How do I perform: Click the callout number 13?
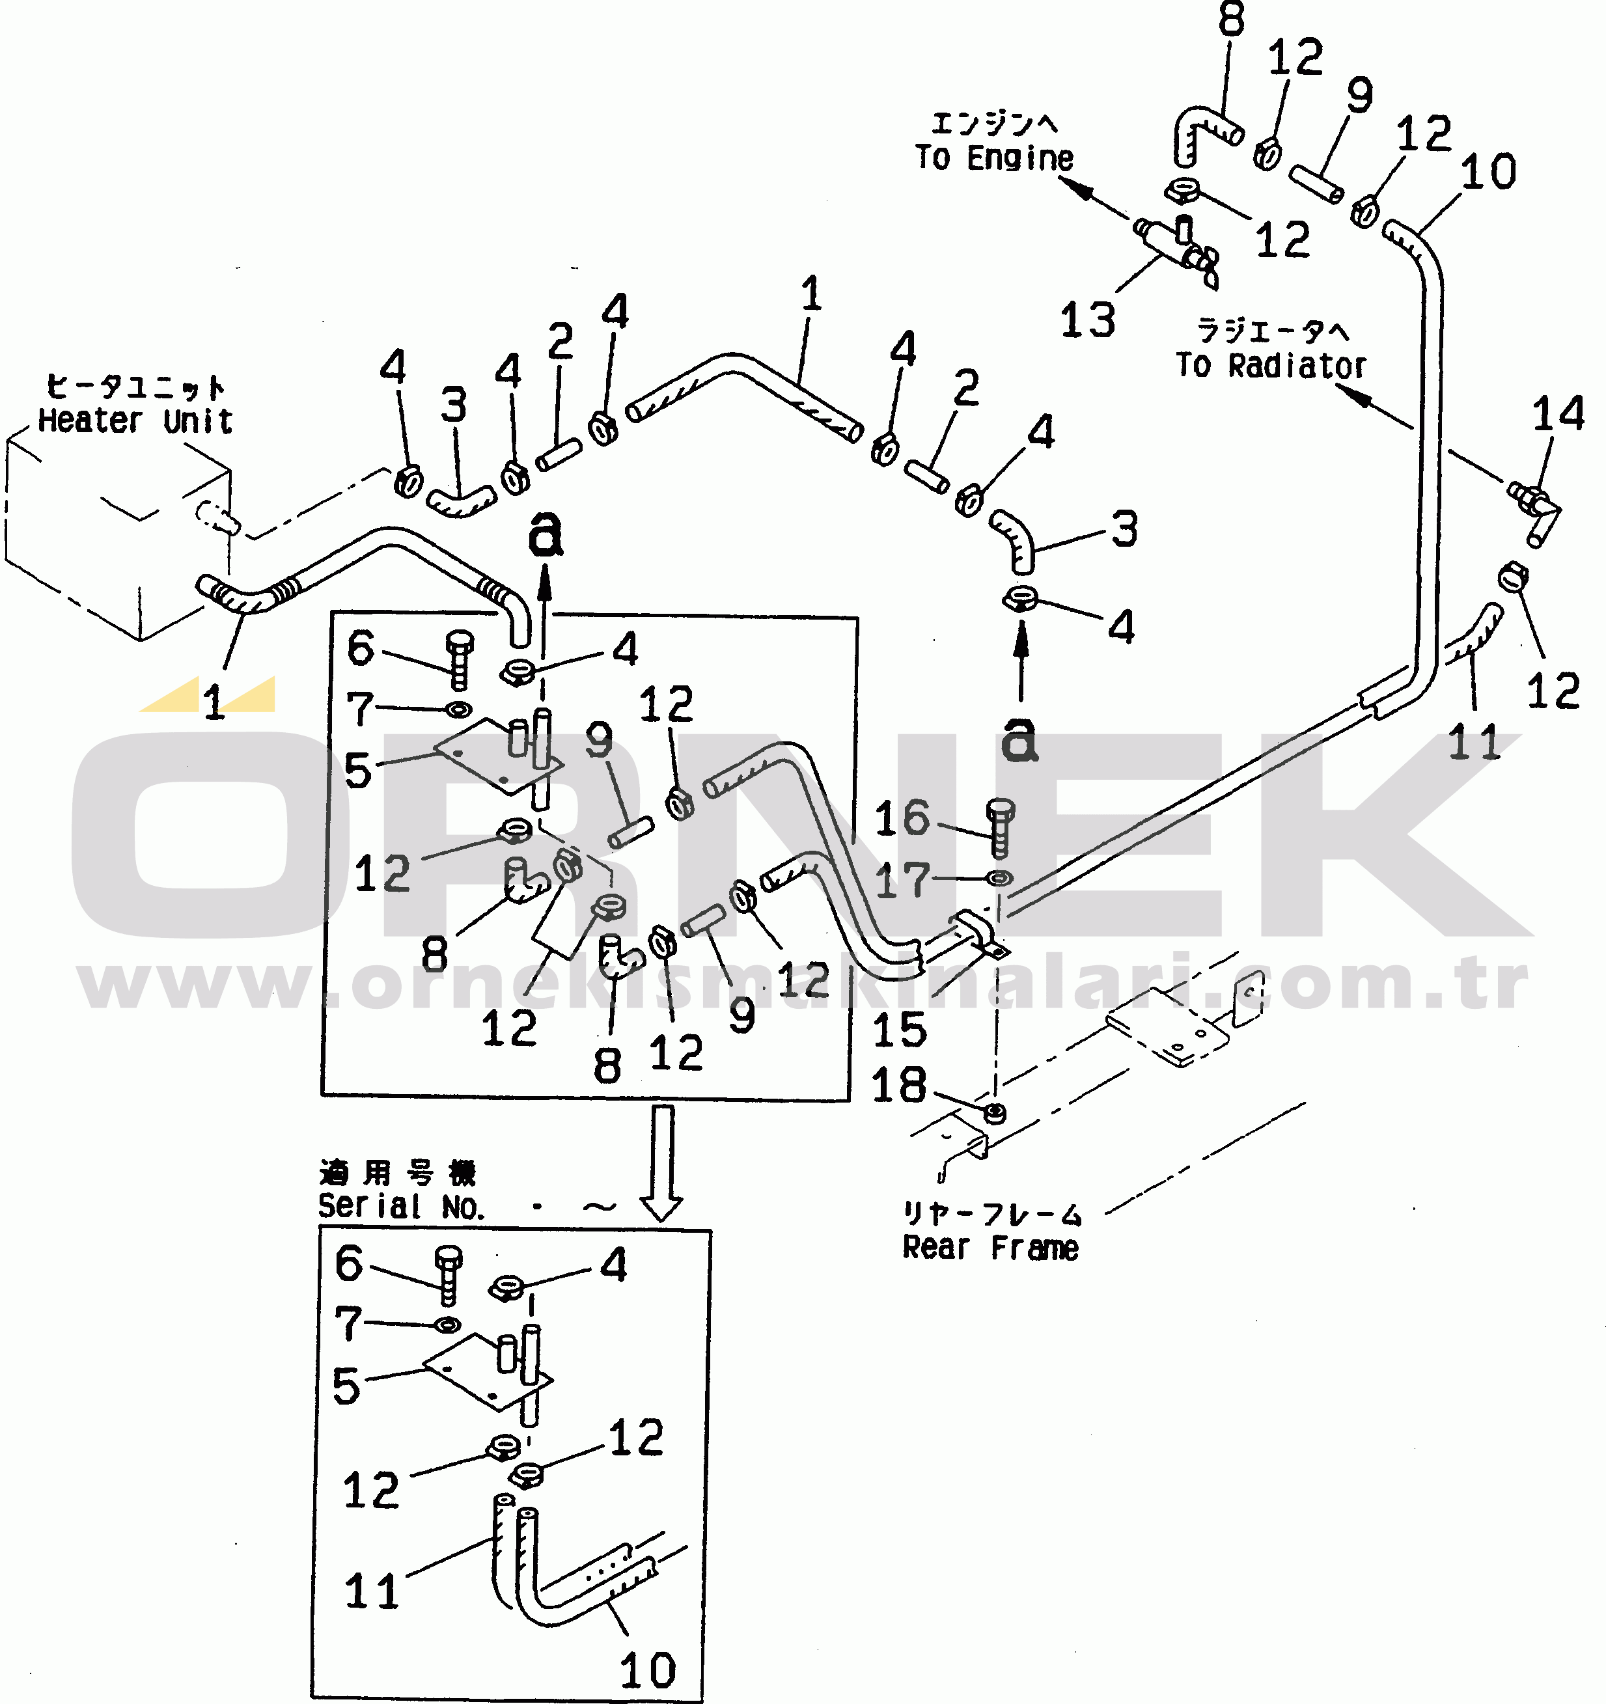1087,321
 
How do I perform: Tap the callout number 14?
1558,414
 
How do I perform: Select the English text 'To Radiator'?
1271,366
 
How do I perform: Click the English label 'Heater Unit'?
135,421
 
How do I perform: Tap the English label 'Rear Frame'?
990,1248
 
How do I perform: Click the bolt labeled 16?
1000,828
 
